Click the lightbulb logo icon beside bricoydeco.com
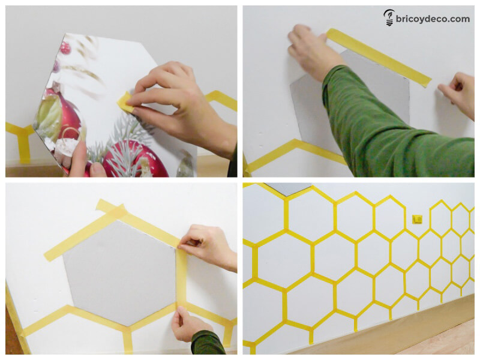point(389,18)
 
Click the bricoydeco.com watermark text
point(433,19)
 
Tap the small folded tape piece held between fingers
point(126,102)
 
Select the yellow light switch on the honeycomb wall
point(417,219)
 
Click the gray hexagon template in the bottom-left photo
point(119,272)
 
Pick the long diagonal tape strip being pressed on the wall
point(379,57)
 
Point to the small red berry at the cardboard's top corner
point(65,48)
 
